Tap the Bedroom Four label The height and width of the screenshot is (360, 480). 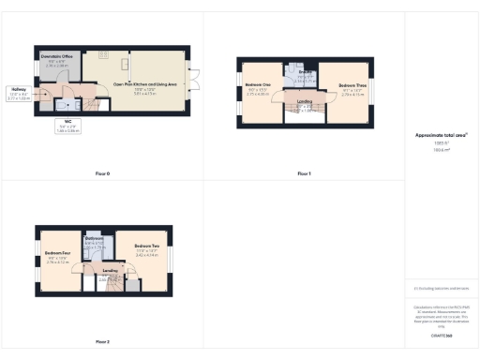coord(58,253)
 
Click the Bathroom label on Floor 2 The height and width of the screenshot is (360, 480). coord(94,239)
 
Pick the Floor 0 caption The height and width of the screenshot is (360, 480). coord(102,174)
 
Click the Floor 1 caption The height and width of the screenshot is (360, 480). coord(304,174)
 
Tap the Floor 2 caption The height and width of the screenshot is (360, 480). coord(102,341)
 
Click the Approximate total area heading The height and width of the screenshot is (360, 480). coord(441,135)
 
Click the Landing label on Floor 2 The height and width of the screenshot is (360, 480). coord(110,272)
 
